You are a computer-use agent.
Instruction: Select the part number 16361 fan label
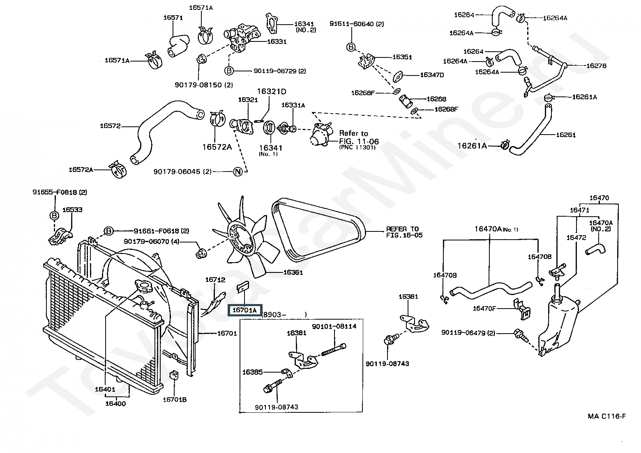click(x=293, y=272)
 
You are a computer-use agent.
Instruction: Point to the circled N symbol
click(x=237, y=172)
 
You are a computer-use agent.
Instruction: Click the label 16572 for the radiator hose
click(x=110, y=126)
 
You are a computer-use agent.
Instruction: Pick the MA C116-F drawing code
click(x=606, y=416)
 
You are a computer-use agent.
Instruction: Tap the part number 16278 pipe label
click(x=596, y=66)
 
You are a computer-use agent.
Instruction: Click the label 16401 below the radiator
click(x=105, y=389)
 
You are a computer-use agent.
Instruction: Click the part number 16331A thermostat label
click(x=293, y=105)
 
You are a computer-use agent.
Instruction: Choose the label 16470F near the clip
click(x=484, y=308)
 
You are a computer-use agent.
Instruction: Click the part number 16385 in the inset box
click(x=252, y=372)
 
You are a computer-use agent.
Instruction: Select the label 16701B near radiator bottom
click(x=175, y=399)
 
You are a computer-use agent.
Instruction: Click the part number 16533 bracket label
click(x=72, y=210)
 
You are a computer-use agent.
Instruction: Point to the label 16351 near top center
click(x=402, y=57)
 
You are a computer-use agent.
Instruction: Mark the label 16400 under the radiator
click(x=115, y=403)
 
